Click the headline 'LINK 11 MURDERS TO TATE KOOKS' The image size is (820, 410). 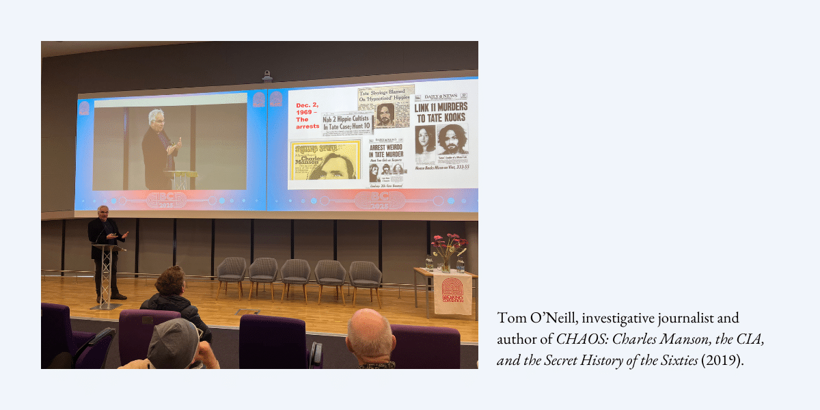pos(441,111)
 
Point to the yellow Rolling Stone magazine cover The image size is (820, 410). pos(325,161)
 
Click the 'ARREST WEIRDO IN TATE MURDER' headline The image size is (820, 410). pos(387,150)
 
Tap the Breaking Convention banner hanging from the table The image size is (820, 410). pos(452,294)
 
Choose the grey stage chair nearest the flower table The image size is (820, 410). pos(365,277)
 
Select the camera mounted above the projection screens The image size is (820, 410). pos(267,76)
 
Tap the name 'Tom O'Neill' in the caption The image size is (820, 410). pos(526,318)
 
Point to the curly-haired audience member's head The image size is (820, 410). pos(171,280)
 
